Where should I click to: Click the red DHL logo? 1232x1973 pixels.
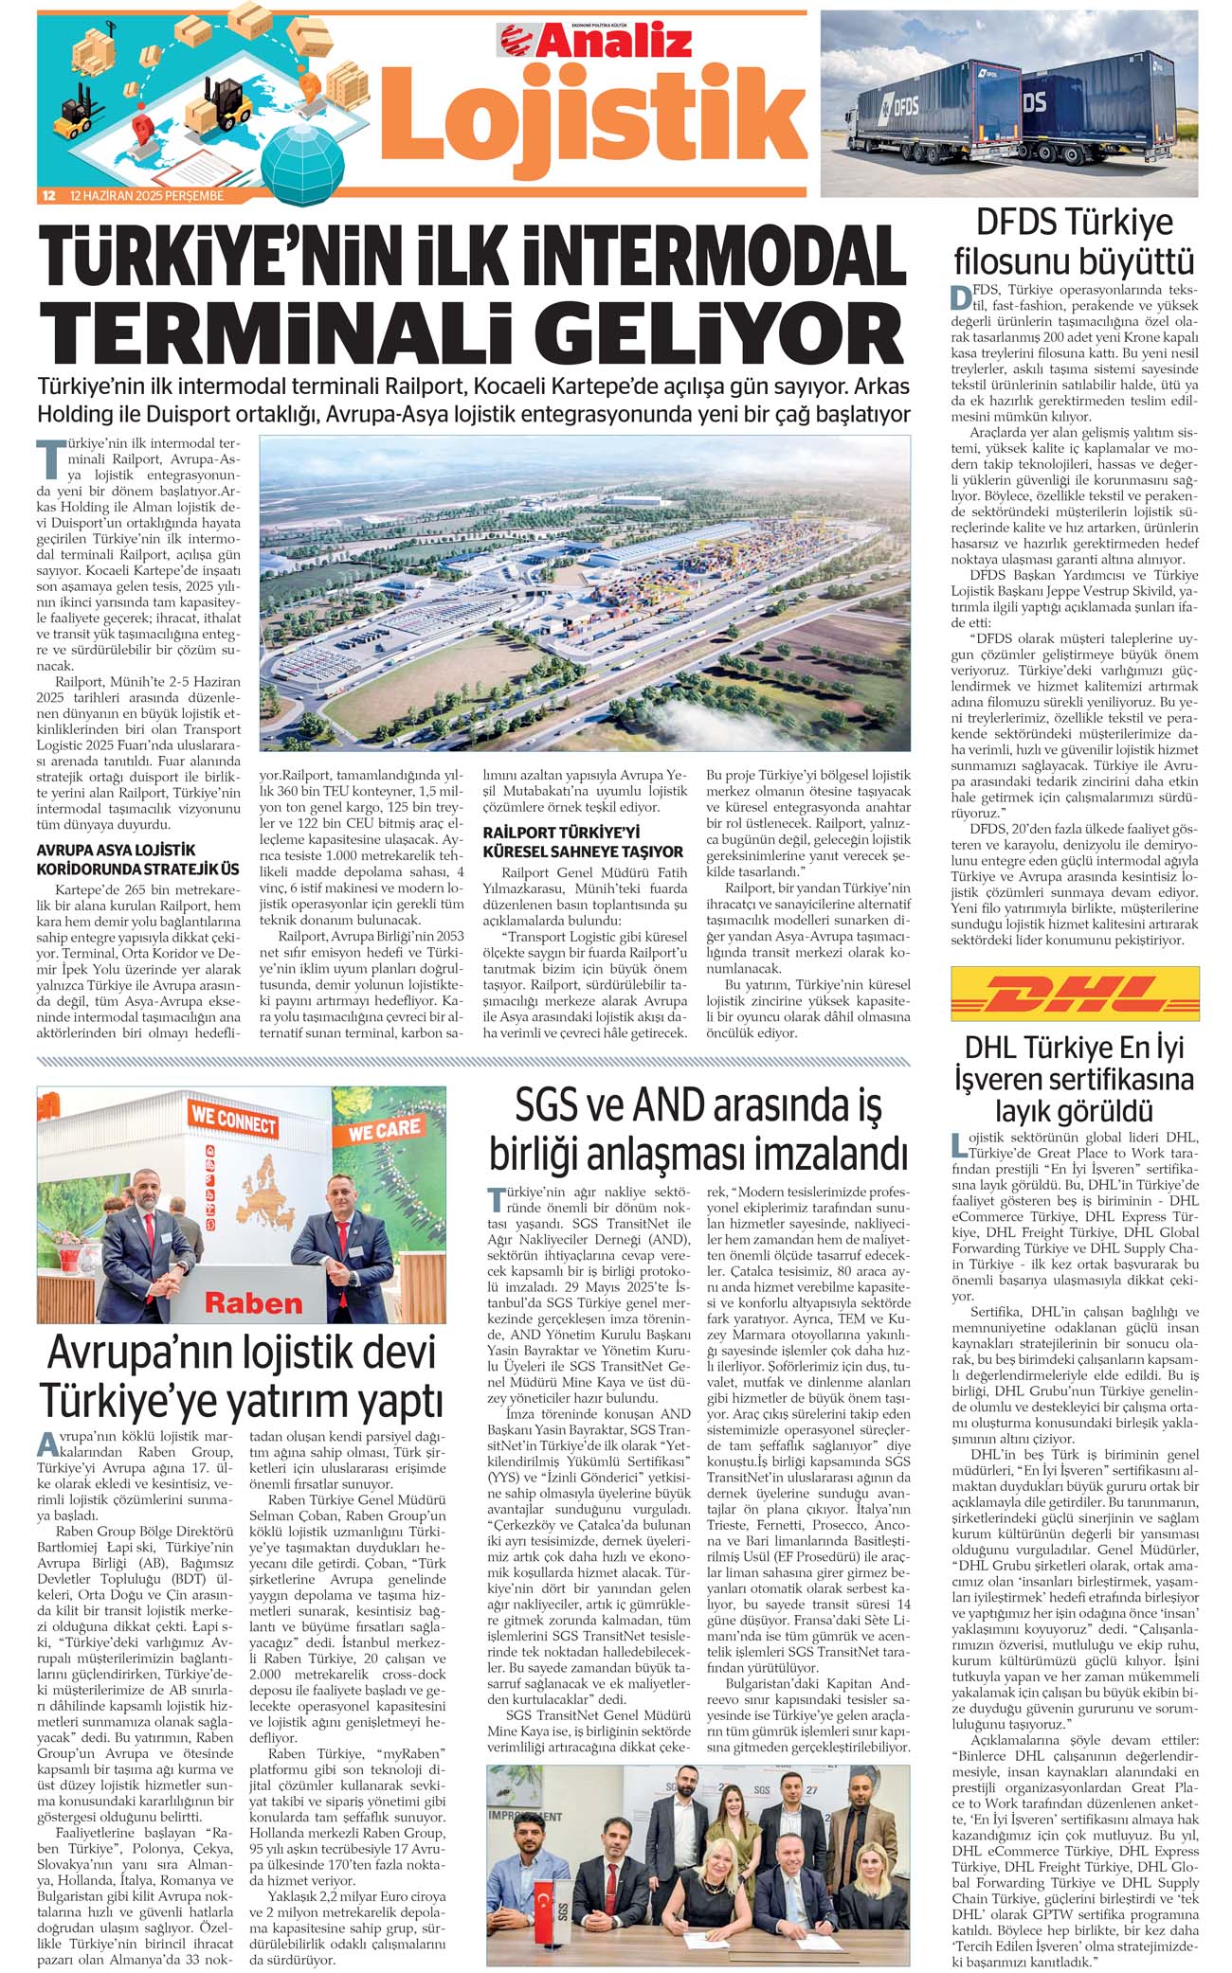pos(1075,994)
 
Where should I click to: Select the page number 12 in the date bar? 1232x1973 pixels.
pos(47,196)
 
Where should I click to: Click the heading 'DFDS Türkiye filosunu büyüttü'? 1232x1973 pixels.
pos(1075,241)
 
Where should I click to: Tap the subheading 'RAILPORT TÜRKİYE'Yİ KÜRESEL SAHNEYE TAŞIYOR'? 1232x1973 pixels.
pos(583,841)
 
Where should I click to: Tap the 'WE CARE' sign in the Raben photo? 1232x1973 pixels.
pos(384,1130)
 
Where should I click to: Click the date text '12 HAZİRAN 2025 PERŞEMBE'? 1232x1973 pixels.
pos(146,196)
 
